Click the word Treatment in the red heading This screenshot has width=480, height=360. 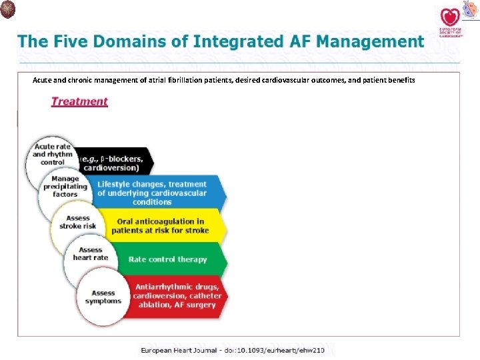click(79, 101)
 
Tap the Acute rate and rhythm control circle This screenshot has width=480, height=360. click(53, 155)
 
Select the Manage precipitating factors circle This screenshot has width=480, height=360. click(65, 187)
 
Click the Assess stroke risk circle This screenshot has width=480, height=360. click(78, 222)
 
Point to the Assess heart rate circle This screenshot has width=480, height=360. click(91, 254)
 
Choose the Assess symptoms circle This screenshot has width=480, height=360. click(103, 297)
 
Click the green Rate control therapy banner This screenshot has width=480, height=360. click(168, 259)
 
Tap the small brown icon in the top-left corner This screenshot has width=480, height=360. click(8, 9)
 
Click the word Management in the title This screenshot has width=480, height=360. click(370, 41)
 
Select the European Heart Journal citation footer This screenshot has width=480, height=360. click(232, 350)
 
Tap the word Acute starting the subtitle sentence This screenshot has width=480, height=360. click(43, 80)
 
